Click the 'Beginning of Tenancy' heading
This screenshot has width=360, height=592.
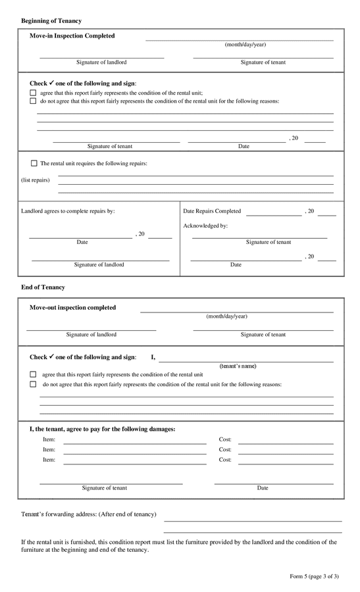pyautogui.click(x=51, y=21)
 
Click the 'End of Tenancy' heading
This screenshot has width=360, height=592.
pyautogui.click(x=43, y=287)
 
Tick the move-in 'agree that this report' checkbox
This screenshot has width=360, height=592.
pyautogui.click(x=33, y=93)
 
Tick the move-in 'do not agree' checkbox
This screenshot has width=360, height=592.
pyautogui.click(x=33, y=101)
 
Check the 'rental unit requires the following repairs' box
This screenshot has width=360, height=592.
pyautogui.click(x=34, y=163)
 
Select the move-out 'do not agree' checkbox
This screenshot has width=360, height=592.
pyautogui.click(x=33, y=384)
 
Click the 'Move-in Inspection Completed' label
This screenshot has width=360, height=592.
pyautogui.click(x=72, y=36)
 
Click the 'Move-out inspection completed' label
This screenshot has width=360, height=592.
pyautogui.click(x=72, y=308)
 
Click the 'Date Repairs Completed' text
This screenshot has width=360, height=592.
pyautogui.click(x=212, y=211)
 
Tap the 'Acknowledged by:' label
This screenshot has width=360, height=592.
pyautogui.click(x=205, y=226)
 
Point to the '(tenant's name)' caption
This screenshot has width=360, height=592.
pyautogui.click(x=238, y=366)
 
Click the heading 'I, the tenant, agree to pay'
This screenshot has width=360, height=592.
pyautogui.click(x=102, y=429)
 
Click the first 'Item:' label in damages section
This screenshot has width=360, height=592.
pyautogui.click(x=49, y=439)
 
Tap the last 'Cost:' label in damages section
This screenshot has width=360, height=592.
pyautogui.click(x=225, y=460)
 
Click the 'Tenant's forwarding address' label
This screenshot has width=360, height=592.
pyautogui.click(x=89, y=514)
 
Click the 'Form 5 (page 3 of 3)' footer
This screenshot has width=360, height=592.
pyautogui.click(x=314, y=576)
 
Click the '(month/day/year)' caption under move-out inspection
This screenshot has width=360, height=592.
pyautogui.click(x=226, y=316)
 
